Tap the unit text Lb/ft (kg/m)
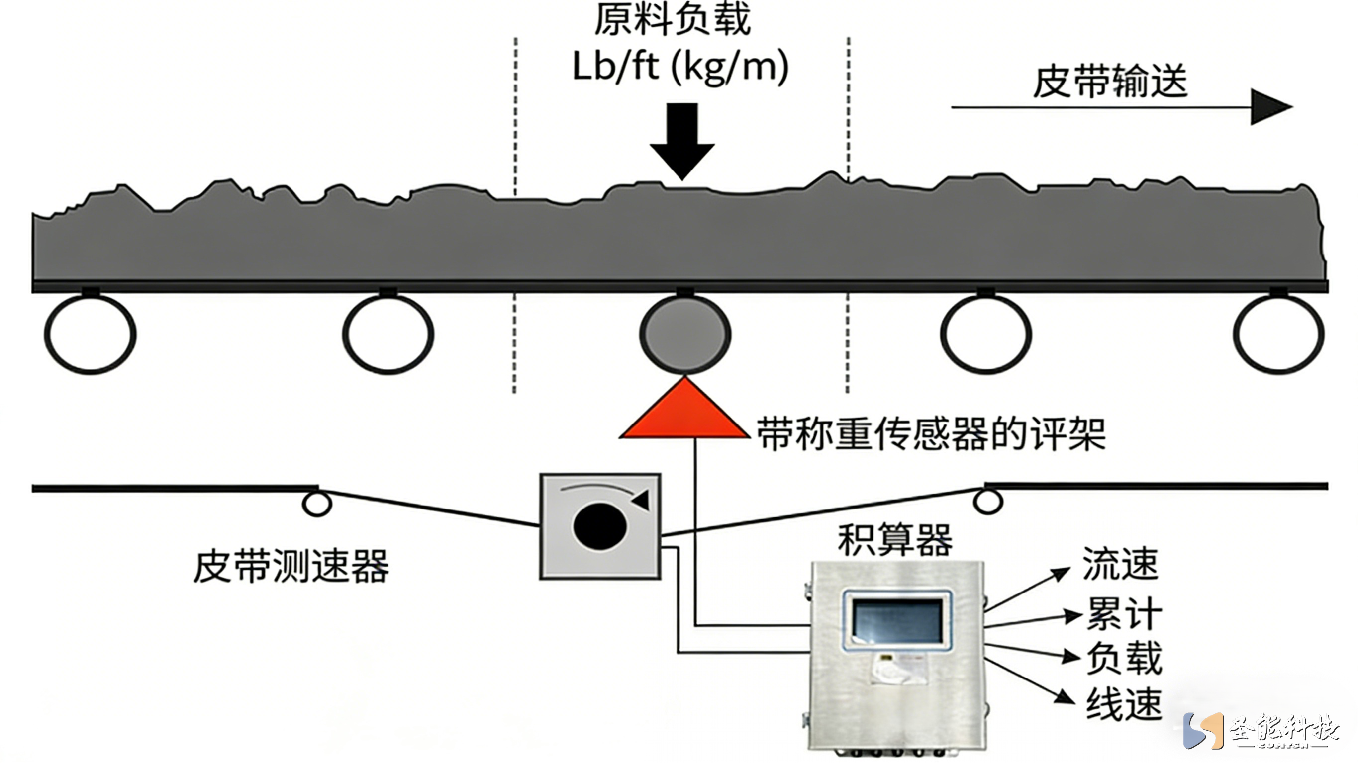(680, 68)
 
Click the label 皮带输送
(1110, 82)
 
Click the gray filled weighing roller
(685, 334)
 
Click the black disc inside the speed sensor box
(599, 526)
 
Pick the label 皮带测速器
(291, 567)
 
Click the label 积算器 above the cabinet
(895, 540)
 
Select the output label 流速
(1120, 564)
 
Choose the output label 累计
(1124, 613)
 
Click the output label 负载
(1124, 658)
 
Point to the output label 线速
(1124, 703)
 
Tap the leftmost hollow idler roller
(90, 334)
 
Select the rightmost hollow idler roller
(1278, 334)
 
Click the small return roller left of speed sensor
(316, 503)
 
